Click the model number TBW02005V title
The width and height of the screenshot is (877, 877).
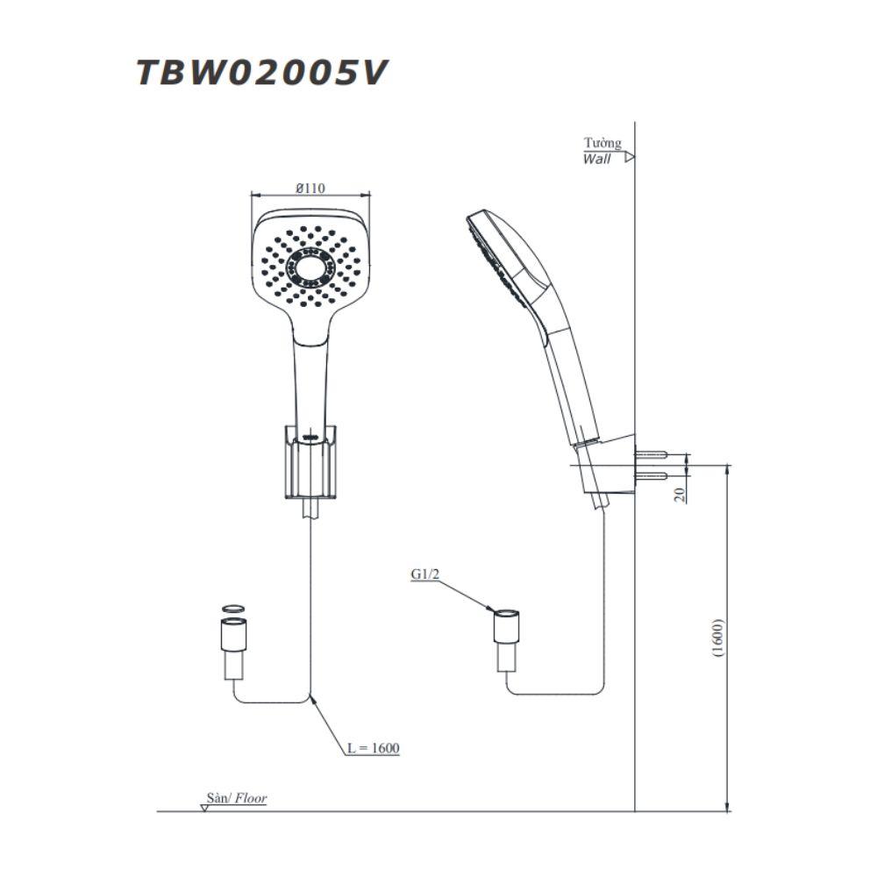pos(261,73)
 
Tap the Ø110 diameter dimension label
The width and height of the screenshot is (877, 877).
pos(310,189)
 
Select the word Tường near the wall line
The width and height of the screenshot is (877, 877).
pos(602,143)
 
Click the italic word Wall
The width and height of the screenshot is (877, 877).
pos(596,160)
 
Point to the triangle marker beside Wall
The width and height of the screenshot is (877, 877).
pos(630,157)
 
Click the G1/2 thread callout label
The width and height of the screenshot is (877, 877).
pos(425,574)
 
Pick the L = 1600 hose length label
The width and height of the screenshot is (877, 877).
pos(373,748)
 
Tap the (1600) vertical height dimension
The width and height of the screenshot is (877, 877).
pos(719,638)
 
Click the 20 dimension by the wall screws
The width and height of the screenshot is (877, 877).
pos(680,495)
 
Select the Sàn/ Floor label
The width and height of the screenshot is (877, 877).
pos(237,798)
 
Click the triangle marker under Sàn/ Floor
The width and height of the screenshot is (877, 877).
pos(204,808)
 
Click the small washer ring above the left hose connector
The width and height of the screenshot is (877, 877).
pos(232,609)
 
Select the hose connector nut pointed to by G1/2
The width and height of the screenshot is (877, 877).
pos(506,625)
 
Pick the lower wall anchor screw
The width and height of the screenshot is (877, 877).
pos(650,476)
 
